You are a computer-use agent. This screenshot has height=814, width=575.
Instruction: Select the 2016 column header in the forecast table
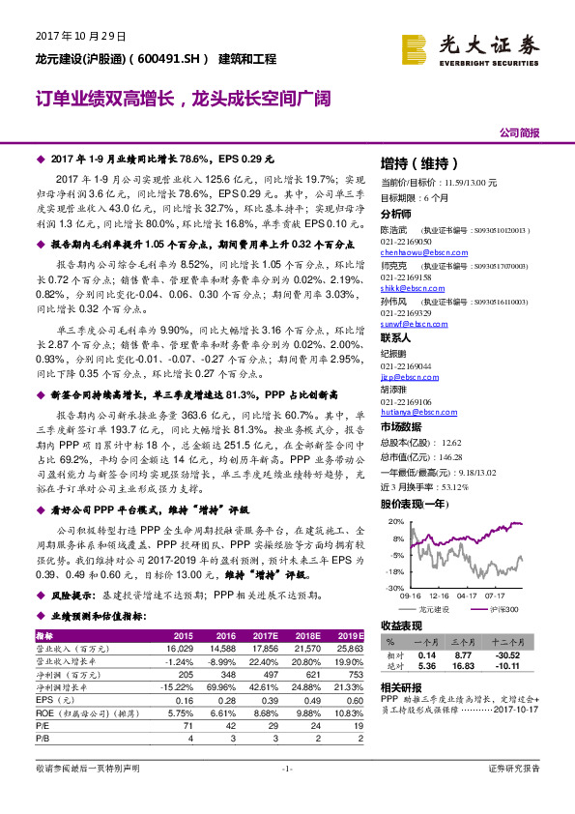click(236, 635)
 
